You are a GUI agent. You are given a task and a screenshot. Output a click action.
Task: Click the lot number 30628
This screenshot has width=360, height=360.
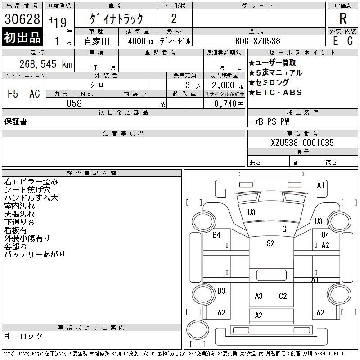click(22, 19)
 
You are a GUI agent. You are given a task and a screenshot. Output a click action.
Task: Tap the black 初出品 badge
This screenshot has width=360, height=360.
click(22, 38)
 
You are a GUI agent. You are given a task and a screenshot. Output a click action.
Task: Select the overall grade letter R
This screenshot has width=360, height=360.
click(343, 19)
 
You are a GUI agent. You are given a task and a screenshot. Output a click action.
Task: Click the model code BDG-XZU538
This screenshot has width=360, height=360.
click(256, 40)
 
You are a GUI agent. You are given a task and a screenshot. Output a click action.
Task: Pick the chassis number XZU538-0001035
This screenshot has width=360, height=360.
click(302, 143)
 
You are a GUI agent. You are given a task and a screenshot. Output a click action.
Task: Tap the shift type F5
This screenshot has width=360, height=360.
click(13, 94)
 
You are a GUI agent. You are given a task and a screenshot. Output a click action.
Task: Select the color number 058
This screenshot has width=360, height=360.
click(74, 103)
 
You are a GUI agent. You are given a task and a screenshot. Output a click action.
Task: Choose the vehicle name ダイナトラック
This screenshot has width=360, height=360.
click(116, 19)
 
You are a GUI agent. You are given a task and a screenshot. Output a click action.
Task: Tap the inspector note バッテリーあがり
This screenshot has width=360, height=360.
click(35, 254)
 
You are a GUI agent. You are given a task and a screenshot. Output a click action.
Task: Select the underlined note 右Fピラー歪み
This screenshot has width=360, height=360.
click(31, 182)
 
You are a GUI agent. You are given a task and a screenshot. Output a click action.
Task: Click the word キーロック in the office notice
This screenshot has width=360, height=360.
click(23, 336)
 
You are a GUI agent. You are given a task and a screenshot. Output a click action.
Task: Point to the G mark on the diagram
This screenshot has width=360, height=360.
click(284, 229)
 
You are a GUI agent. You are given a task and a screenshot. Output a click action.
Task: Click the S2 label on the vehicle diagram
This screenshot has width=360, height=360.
click(270, 243)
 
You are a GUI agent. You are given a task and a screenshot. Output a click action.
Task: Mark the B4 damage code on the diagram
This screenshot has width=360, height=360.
click(216, 234)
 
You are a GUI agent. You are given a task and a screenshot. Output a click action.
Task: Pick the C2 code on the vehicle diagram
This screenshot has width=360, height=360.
click(283, 296)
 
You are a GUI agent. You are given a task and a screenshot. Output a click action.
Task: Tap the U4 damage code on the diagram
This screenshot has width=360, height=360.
click(325, 234)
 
